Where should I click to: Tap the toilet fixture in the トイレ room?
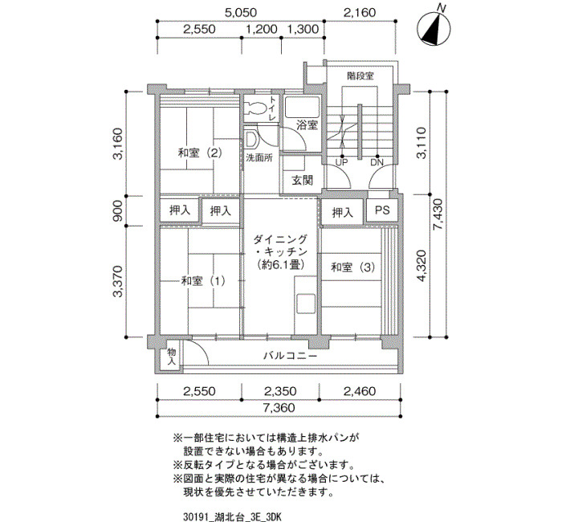click(x=255, y=108)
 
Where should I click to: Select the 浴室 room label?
click(x=307, y=125)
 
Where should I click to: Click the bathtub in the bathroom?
click(x=302, y=107)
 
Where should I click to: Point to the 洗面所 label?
click(x=259, y=157)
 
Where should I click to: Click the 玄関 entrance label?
click(x=302, y=181)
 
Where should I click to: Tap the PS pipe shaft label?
click(x=382, y=210)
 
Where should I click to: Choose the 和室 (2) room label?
click(x=200, y=153)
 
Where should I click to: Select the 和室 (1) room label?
click(x=203, y=281)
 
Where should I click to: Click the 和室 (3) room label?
click(x=352, y=267)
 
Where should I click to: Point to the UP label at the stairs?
click(x=341, y=162)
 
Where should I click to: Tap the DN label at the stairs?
click(x=377, y=162)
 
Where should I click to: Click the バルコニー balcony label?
click(x=291, y=356)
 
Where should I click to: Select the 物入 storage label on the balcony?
click(x=172, y=357)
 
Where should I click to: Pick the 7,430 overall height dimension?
click(x=438, y=214)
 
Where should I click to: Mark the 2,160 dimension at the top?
click(x=360, y=13)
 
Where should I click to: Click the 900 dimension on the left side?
click(x=118, y=210)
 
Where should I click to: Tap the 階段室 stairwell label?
click(x=360, y=76)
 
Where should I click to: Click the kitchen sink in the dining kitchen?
click(x=305, y=304)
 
